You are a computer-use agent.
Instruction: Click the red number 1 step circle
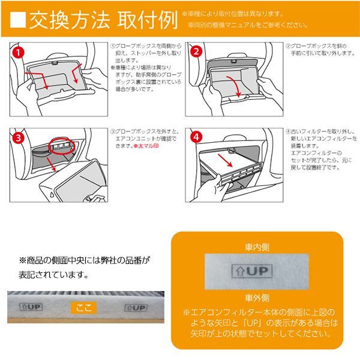(x=20, y=53)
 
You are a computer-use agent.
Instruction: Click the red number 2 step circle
(x=196, y=51)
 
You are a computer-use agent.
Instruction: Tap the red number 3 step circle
(x=20, y=137)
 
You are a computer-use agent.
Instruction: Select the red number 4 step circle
(x=196, y=137)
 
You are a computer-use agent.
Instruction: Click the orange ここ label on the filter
(x=83, y=307)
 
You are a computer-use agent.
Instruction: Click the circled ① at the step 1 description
(x=112, y=46)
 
